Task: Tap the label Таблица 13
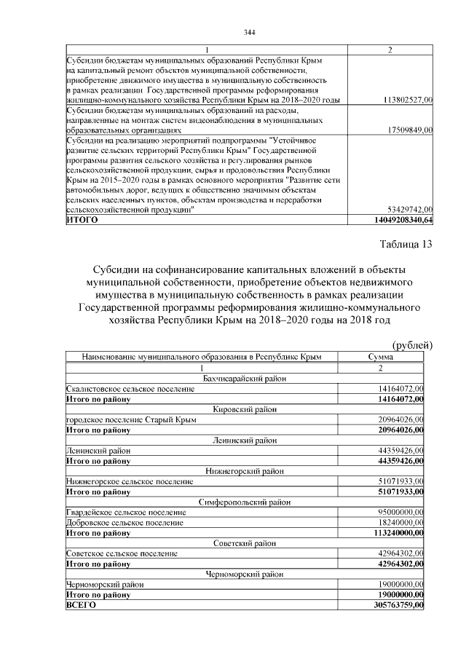click(x=406, y=243)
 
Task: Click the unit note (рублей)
click(x=412, y=344)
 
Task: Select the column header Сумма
click(x=382, y=358)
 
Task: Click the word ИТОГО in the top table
click(x=82, y=218)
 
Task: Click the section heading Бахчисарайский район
click(x=245, y=378)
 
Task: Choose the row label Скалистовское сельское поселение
click(x=130, y=389)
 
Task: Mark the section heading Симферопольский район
click(x=245, y=502)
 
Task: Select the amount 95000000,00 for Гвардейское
click(x=399, y=513)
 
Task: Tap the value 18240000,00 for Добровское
click(x=399, y=523)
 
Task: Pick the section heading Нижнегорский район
click(x=245, y=471)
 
